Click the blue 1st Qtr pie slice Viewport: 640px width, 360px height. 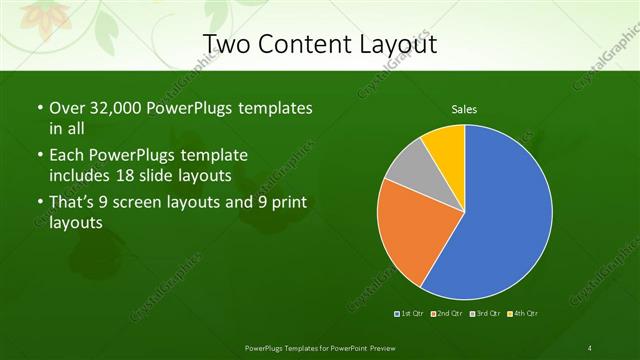[505, 220]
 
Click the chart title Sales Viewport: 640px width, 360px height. [464, 108]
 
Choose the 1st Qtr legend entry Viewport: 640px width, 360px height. [409, 314]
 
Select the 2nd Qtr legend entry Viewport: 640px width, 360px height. [446, 314]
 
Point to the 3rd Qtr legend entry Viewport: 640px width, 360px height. [484, 314]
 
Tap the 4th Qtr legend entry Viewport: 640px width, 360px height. [521, 314]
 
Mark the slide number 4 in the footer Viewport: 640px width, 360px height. [590, 347]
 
